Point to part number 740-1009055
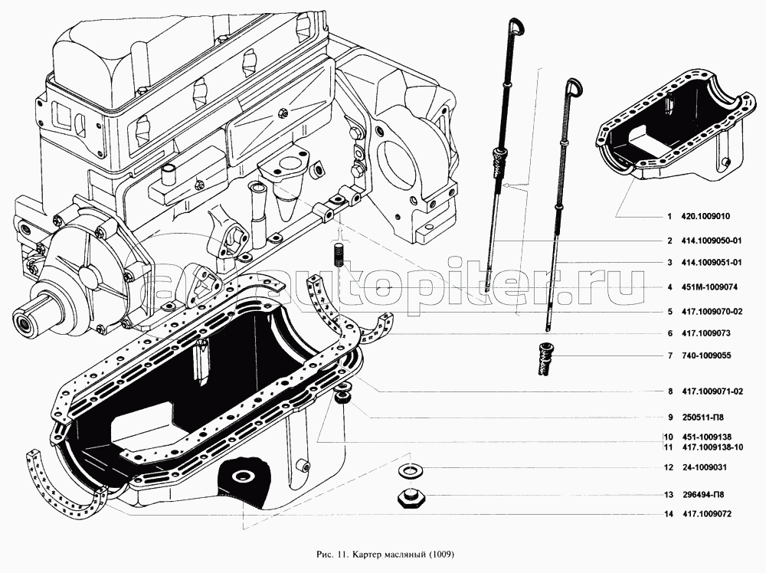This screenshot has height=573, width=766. (x=706, y=356)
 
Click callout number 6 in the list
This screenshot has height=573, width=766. (x=669, y=333)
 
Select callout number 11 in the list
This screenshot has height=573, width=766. (x=668, y=447)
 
